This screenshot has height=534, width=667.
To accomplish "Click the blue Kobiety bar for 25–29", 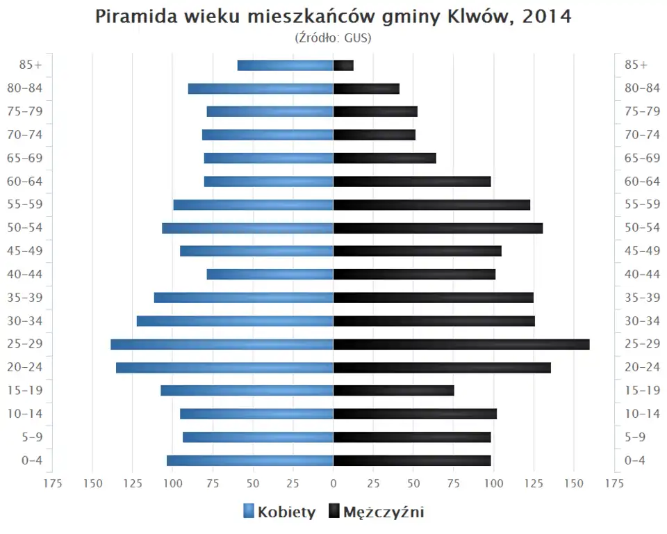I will point(222,344).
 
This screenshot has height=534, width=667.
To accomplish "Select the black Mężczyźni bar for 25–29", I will point(461,344).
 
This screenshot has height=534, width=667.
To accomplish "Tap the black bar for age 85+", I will point(343,65).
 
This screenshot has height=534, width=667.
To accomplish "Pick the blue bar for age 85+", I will point(285,65).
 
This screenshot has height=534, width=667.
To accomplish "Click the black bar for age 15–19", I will point(393,391).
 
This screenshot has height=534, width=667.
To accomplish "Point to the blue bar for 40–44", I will point(270,274).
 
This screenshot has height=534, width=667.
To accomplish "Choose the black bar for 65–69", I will point(384,158).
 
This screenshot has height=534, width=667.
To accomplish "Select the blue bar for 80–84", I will point(261,88).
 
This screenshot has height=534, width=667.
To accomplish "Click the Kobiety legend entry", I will point(279,512).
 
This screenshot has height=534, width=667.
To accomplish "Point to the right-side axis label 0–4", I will point(635,460).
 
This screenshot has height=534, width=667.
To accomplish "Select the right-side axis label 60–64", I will point(642,181).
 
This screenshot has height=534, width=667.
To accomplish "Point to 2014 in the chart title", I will point(546,17).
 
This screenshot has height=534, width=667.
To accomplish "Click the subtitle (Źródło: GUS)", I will point(333,38).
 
